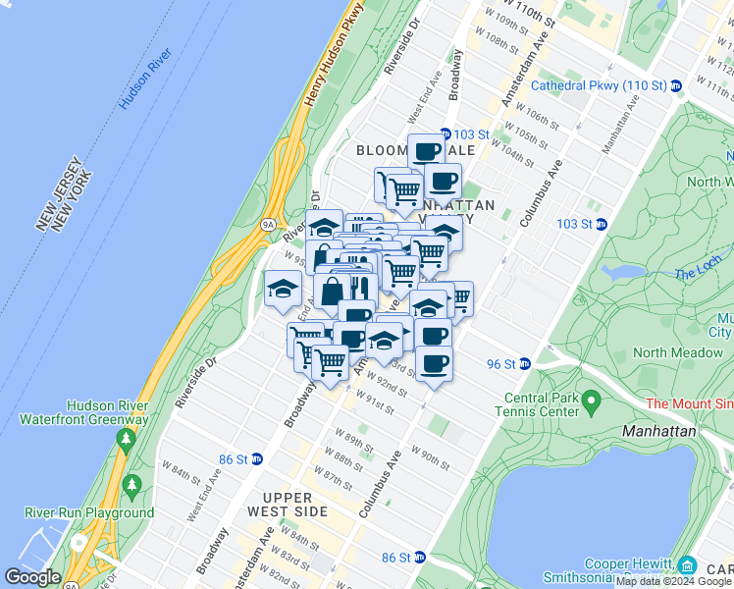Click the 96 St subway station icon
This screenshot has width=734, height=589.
pos(524,363)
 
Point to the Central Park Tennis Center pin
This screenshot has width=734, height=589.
pos(590,401)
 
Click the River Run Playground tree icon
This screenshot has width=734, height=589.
pos(131,485)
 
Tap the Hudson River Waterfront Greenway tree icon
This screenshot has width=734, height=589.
pos(126,440)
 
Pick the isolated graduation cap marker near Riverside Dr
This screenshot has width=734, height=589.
pos(283,289)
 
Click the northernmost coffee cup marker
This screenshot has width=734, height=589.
pos(426,151)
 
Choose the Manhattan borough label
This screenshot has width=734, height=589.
pos(659,431)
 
